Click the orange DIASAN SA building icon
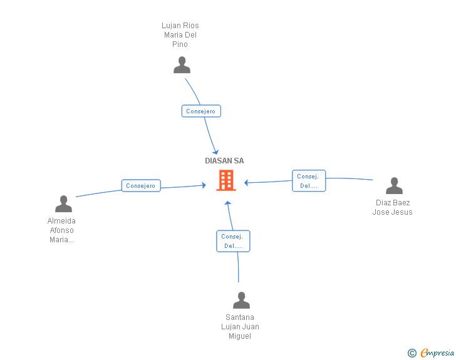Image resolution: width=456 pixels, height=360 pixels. pos(225,180)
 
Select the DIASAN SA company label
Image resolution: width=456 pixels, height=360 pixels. pos(224,161)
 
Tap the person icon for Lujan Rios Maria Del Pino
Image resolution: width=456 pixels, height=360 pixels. pos(182,65)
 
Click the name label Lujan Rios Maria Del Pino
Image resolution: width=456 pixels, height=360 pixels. pos(180,35)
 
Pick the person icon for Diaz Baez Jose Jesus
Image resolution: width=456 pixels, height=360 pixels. pos(394,186)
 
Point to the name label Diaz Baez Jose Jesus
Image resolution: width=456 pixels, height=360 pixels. pos(393,207)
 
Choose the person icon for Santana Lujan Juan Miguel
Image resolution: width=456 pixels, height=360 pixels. pos(241,301)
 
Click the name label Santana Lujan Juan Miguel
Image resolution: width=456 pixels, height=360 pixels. pos(240,327)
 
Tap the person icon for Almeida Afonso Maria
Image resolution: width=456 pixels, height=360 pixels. pos(63,204)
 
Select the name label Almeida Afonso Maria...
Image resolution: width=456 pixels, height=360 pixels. pos(62,230)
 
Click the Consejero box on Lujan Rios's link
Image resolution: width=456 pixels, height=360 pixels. pos(201,111)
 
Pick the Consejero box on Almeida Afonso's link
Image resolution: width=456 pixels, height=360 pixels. pos(141,185)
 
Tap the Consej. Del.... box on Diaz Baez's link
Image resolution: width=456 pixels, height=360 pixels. pos(309,181)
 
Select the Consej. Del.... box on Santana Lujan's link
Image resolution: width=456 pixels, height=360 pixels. pos(233,241)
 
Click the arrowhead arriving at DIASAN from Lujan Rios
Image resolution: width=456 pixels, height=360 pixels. pos(215,152)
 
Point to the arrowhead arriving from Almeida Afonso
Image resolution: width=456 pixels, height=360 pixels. pos(203,185)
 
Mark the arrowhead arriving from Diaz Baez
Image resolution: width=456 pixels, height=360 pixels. pos(247,183)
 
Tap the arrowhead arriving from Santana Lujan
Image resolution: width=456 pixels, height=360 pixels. pos(228,203)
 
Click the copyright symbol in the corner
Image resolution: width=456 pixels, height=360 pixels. pos(412,353)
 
